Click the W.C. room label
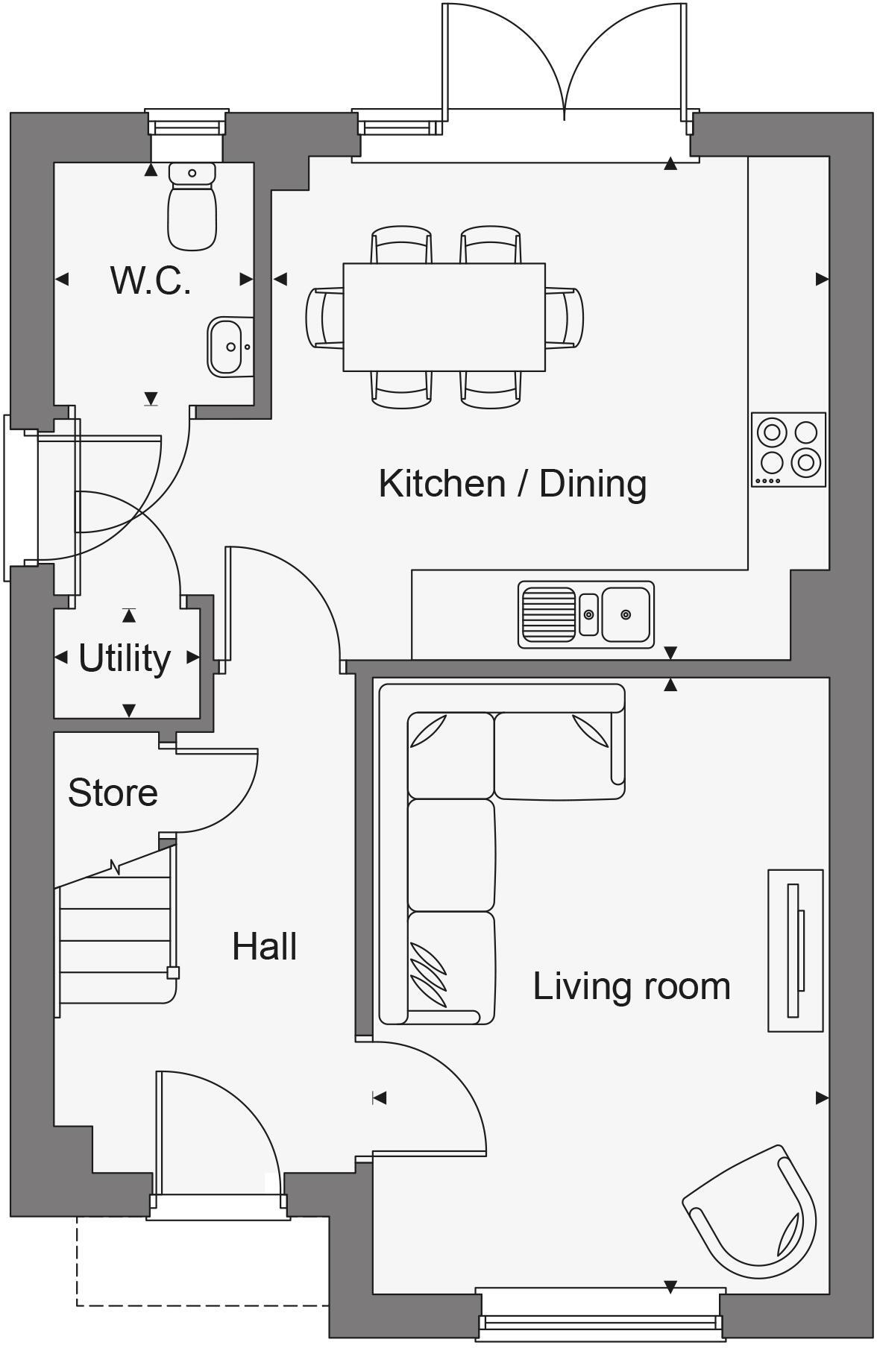pos(151,281)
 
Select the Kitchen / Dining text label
pos(512,483)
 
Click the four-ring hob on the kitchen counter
pos(788,449)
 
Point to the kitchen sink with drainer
pos(586,614)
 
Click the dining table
pos(444,317)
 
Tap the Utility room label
pos(125,658)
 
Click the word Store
pos(113,793)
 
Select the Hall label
pos(264,946)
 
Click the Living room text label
pos(631,986)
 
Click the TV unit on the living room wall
pos(795,951)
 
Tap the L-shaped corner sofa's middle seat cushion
pos(450,854)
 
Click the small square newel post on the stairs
pos(173,972)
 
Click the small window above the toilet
pos(186,124)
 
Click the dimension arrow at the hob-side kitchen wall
pos(822,279)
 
